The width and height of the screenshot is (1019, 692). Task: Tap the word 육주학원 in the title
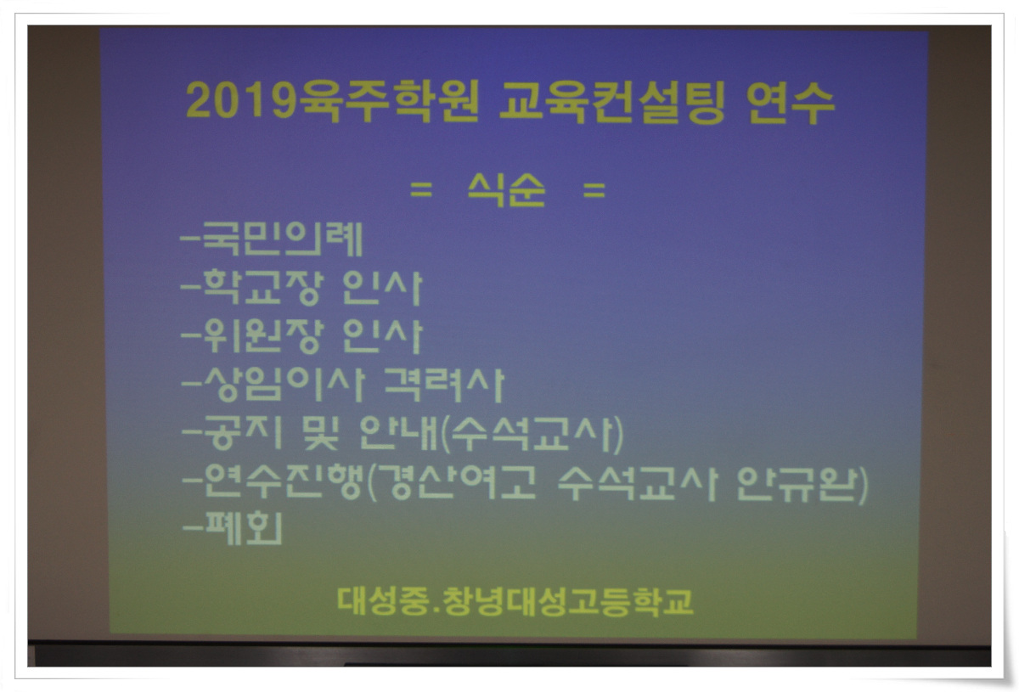386,101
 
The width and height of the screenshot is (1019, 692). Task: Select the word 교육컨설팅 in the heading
611,102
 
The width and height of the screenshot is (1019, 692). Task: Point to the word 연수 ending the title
791,102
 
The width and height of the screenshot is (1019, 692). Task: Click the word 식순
506,190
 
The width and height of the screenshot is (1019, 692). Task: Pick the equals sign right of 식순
594,191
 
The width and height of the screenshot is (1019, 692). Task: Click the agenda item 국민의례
282,239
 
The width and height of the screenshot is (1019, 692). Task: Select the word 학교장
263,288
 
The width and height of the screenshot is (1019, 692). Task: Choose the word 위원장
263,336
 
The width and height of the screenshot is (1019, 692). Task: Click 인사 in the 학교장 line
382,288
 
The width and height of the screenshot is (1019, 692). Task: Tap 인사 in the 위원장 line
382,336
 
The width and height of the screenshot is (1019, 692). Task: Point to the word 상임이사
284,385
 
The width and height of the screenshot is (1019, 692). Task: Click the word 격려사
444,385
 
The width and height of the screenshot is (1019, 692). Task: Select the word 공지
244,433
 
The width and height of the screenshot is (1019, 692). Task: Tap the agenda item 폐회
244,528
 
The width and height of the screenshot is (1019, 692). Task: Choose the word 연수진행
284,481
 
